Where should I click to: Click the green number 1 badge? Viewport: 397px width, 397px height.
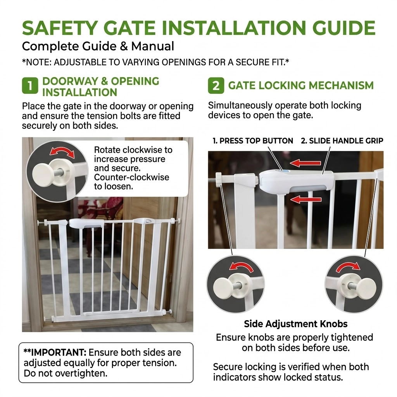tap(30, 86)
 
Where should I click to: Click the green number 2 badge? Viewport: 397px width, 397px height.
tap(216, 86)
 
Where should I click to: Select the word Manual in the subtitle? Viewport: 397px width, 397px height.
tap(152, 47)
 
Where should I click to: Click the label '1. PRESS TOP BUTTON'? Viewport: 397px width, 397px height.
tap(253, 141)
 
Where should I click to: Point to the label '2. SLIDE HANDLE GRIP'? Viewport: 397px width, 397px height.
tap(342, 141)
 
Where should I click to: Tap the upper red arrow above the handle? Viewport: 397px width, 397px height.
tap(306, 163)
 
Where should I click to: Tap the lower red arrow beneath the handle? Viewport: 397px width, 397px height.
tap(306, 200)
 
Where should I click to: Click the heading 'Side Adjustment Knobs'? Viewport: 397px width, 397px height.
tap(296, 324)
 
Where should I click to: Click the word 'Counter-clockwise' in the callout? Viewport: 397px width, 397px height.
tap(132, 177)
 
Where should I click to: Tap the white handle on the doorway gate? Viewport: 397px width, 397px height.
tap(86, 223)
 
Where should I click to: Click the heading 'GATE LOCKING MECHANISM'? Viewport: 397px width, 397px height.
tap(301, 86)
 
